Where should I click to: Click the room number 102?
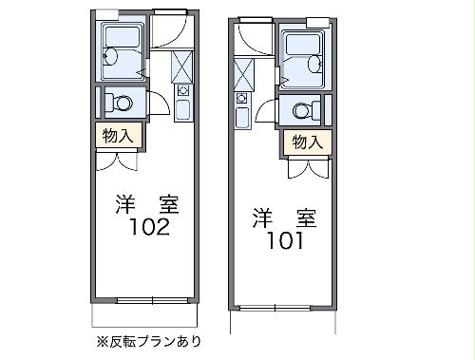(x=150, y=228)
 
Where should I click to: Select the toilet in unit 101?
(x=304, y=109)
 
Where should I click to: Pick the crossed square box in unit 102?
(x=182, y=66)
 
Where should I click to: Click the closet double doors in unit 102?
(x=119, y=159)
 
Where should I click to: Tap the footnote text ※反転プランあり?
(x=147, y=340)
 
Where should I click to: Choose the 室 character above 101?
(x=307, y=217)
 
